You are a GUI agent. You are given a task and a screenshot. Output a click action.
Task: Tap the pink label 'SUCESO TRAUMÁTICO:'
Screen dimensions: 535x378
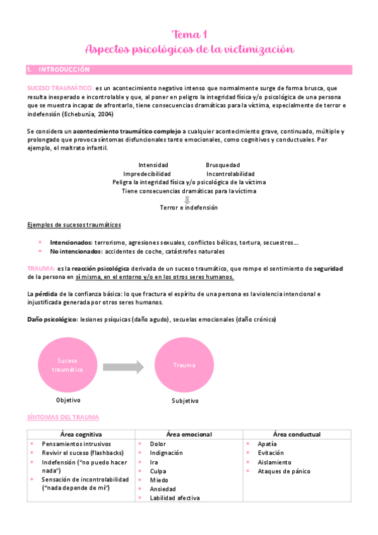tap(60, 88)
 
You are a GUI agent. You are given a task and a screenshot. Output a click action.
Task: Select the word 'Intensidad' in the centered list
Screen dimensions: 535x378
tap(153, 165)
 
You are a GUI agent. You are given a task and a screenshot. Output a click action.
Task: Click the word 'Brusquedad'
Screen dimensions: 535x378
tap(224, 165)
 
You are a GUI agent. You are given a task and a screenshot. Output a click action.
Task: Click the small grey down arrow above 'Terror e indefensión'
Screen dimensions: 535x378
tap(187, 199)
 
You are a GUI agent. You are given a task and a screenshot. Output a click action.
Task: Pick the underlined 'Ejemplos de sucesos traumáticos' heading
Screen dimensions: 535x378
tap(74, 225)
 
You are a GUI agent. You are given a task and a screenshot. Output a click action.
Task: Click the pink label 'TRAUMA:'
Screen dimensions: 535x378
tap(41, 268)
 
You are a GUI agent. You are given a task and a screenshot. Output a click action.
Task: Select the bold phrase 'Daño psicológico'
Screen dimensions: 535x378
tap(52, 319)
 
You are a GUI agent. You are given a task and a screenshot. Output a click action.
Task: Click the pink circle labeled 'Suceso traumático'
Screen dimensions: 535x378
tap(68, 365)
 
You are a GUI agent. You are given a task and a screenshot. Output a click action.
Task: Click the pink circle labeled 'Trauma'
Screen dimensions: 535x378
tap(184, 365)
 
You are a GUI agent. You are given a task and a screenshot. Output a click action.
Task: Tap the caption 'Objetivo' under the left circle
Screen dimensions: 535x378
tap(69, 400)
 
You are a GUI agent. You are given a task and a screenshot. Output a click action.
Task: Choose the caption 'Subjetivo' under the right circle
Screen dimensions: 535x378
tap(185, 401)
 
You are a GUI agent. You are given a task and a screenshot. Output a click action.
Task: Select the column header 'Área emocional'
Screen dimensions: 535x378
tap(189, 434)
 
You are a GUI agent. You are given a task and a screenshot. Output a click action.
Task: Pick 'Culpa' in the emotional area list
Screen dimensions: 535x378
tap(158, 471)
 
